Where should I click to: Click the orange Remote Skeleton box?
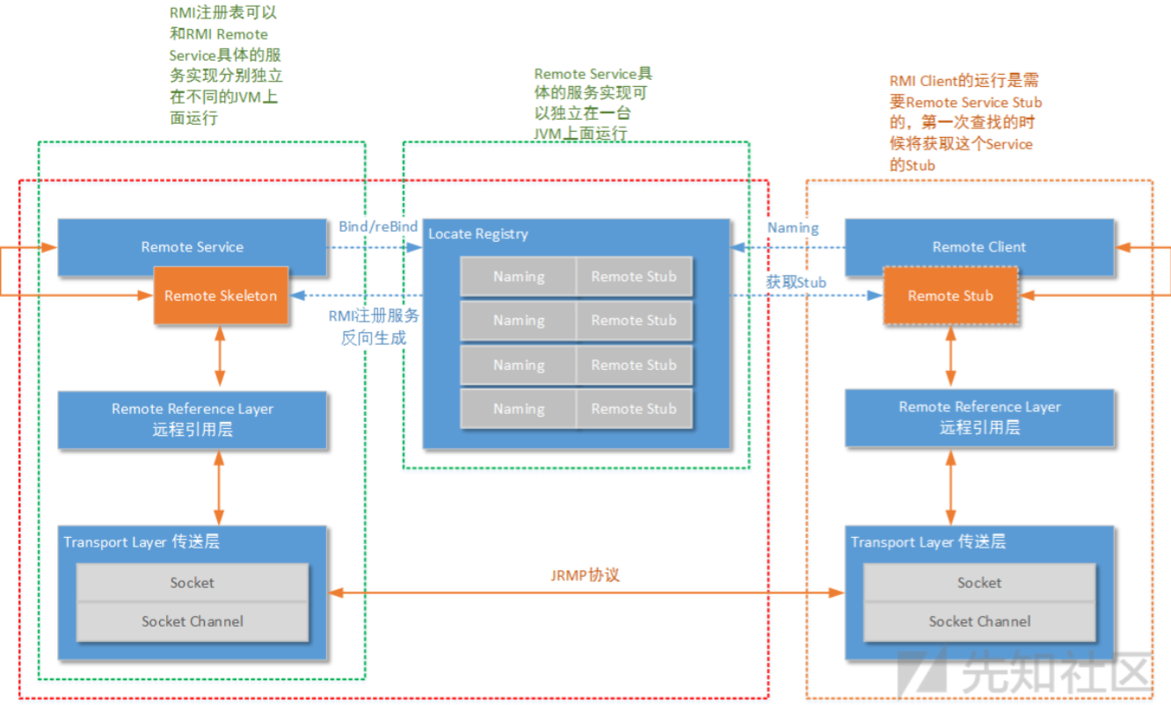pyautogui.click(x=221, y=295)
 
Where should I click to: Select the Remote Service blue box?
pyautogui.click(x=192, y=247)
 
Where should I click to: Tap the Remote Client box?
pyautogui.click(x=978, y=247)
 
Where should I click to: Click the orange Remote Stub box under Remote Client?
pyautogui.click(x=949, y=295)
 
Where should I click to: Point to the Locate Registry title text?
pyautogui.click(x=478, y=234)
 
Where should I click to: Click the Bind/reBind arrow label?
pyautogui.click(x=378, y=227)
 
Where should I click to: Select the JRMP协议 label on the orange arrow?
pyautogui.click(x=585, y=575)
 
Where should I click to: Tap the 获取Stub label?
pyautogui.click(x=796, y=282)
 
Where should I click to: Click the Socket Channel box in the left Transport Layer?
pyautogui.click(x=193, y=621)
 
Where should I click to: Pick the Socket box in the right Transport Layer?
pyautogui.click(x=979, y=583)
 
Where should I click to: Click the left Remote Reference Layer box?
pyautogui.click(x=192, y=419)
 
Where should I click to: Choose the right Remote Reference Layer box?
pyautogui.click(x=979, y=418)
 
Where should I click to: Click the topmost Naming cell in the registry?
pyautogui.click(x=519, y=276)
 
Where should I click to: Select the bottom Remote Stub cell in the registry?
pyautogui.click(x=634, y=409)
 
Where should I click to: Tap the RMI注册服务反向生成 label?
pyautogui.click(x=374, y=326)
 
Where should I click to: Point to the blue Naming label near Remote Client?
pyautogui.click(x=793, y=228)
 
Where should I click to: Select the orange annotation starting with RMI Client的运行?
pyautogui.click(x=964, y=122)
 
